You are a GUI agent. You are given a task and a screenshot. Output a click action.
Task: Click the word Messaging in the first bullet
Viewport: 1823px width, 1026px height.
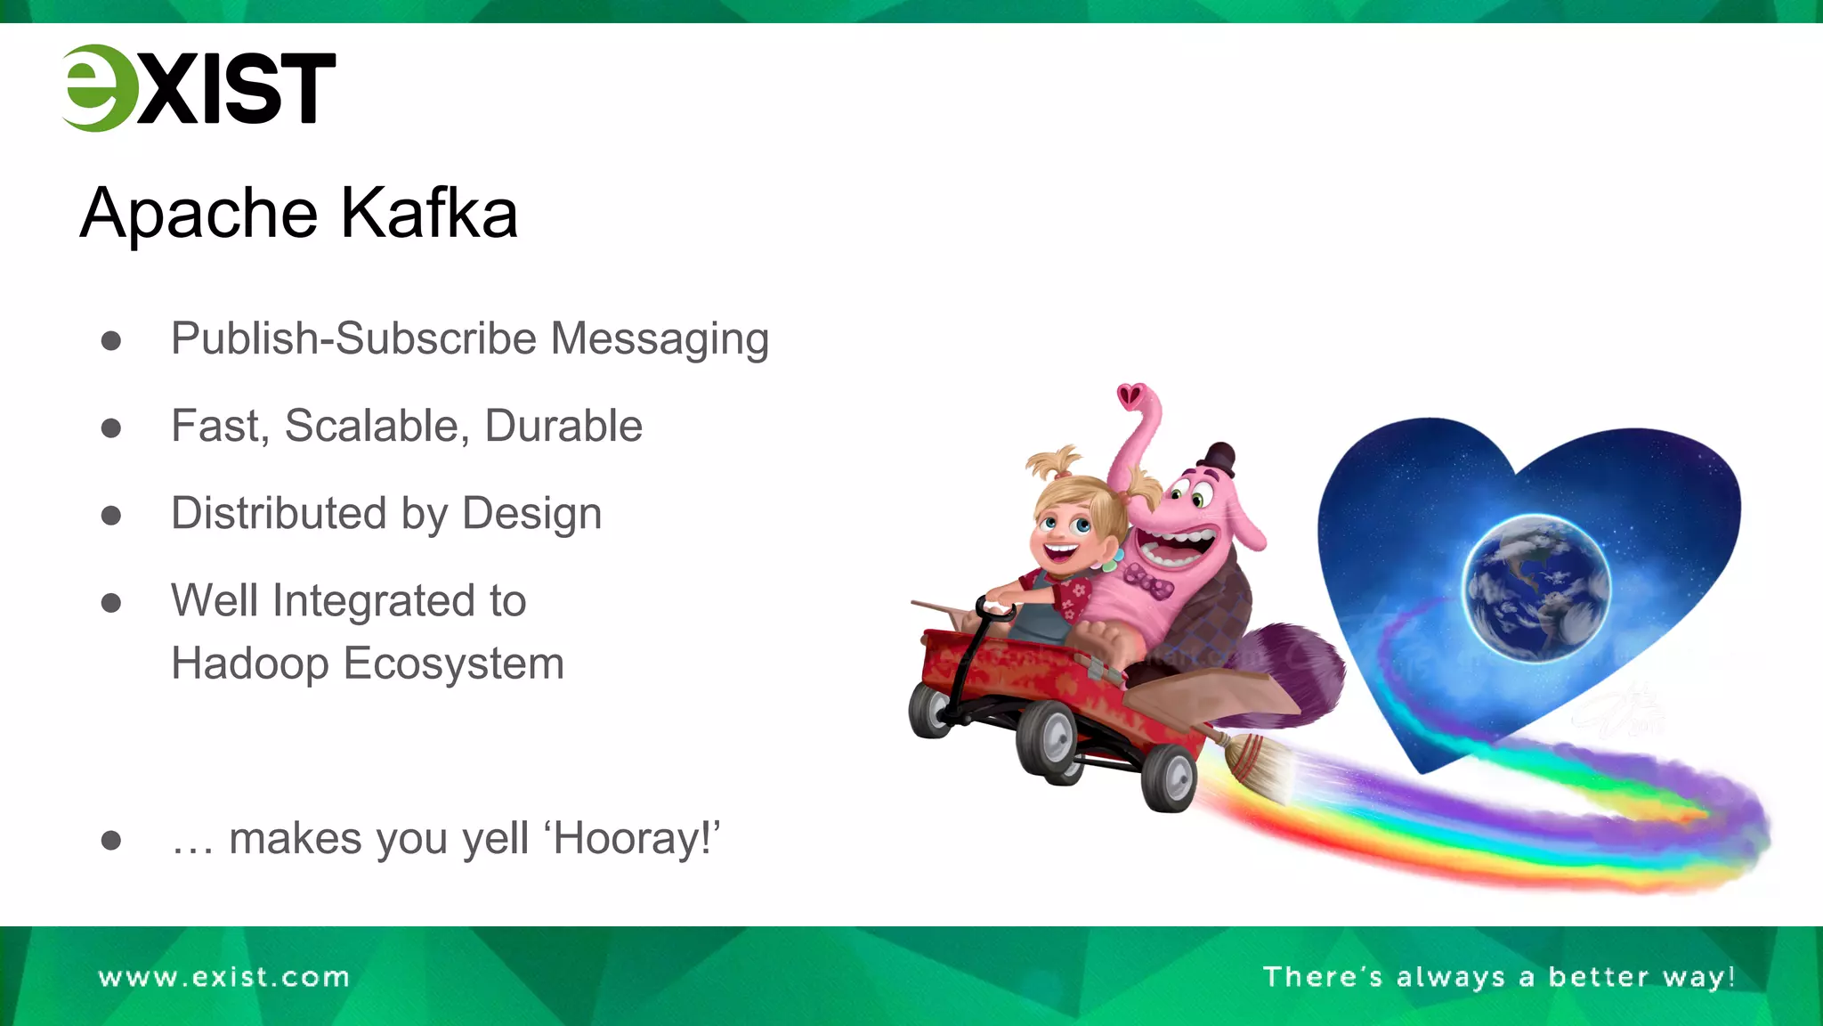coord(659,340)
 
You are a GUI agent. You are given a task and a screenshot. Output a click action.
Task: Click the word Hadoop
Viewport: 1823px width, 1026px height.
coord(249,664)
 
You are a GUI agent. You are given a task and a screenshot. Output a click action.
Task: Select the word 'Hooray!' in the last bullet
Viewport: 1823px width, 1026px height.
coord(636,839)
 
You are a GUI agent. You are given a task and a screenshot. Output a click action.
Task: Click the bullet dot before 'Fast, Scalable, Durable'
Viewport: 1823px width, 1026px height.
coord(111,428)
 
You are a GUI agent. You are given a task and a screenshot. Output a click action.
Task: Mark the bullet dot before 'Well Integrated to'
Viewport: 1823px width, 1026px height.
coord(111,603)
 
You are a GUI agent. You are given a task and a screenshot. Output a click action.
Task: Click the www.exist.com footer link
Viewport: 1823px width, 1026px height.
coord(223,977)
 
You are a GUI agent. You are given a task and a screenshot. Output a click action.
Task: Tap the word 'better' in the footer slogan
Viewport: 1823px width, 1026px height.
coord(1599,977)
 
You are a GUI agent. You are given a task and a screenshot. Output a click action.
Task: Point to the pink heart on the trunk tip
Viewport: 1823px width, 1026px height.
coord(1131,394)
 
